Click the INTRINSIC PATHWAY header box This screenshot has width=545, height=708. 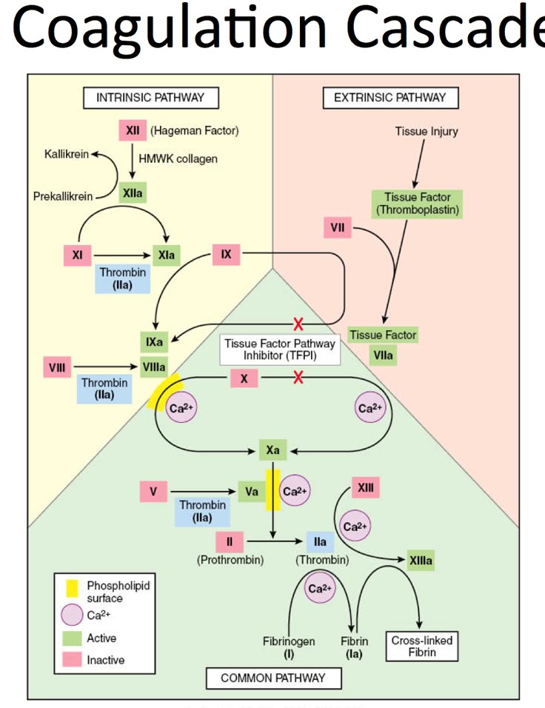150,97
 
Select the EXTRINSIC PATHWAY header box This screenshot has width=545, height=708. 390,97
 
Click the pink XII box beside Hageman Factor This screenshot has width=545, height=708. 133,131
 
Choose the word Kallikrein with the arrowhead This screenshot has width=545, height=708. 67,154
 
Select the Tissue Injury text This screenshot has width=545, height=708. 426,131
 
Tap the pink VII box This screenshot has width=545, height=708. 338,228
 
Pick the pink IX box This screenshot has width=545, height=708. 227,254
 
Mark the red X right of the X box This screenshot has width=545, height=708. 298,378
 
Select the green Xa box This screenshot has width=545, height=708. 272,449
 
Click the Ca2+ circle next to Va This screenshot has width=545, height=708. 295,490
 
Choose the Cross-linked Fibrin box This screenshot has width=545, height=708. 422,646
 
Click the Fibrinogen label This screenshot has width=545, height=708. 289,641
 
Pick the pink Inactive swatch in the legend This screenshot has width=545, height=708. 72,659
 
